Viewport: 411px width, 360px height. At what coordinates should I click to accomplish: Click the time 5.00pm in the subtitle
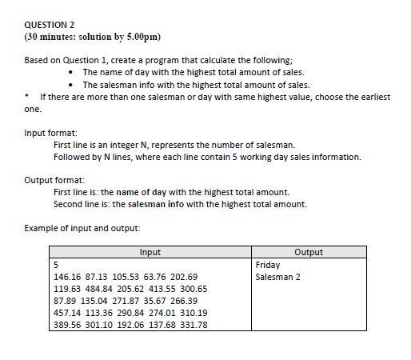(x=146, y=37)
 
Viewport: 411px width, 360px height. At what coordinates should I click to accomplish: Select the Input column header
(x=150, y=252)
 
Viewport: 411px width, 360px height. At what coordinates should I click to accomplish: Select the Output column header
(x=308, y=252)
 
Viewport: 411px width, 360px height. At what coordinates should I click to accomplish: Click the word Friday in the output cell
(x=267, y=264)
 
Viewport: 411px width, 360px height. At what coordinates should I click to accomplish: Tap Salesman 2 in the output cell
(x=277, y=277)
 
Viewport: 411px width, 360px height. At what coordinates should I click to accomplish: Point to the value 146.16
(x=67, y=277)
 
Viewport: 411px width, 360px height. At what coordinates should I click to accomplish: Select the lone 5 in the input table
(x=56, y=264)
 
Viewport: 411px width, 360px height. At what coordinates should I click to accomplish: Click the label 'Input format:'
(x=50, y=133)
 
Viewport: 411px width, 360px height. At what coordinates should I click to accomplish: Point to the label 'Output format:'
(x=54, y=181)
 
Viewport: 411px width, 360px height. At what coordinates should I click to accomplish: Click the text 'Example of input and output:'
(x=82, y=229)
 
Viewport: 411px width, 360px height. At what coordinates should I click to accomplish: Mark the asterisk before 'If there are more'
(x=28, y=97)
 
